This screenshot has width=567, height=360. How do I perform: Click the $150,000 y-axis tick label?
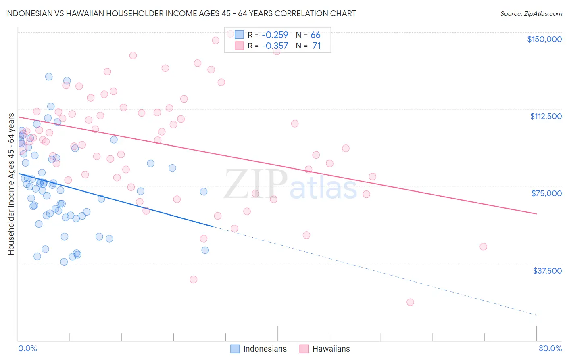tap(544, 39)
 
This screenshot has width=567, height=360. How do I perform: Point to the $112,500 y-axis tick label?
tap(546, 116)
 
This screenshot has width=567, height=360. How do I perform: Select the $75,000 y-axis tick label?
tap(546, 193)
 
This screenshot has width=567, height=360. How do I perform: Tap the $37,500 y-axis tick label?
tap(547, 271)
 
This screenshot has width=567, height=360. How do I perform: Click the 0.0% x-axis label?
tap(27, 348)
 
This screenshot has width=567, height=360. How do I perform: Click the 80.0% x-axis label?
tap(550, 348)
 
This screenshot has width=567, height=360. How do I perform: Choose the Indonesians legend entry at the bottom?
tap(258, 349)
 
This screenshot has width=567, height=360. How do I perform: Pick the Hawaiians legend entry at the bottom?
tap(325, 349)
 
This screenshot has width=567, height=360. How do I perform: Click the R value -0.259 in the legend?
tap(275, 35)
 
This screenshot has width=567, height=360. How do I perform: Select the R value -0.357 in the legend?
tap(275, 46)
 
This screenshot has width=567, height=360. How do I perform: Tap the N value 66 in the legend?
tap(315, 35)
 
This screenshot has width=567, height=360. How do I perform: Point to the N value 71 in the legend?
tap(316, 46)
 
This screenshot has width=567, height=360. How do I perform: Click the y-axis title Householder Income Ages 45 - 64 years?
tap(11, 184)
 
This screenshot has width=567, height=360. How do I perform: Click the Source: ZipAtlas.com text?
tap(531, 14)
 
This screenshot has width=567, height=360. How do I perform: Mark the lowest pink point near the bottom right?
tap(410, 302)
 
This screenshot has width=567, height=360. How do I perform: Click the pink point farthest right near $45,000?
tap(483, 247)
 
